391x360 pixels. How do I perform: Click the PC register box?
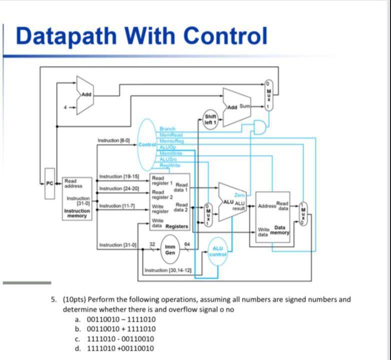click(49, 190)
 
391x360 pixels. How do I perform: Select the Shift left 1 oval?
click(210, 120)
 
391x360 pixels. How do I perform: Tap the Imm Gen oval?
click(170, 249)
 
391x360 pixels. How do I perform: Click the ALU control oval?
click(218, 251)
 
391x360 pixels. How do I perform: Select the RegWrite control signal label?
click(170, 165)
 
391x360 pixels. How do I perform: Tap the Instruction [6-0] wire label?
click(114, 141)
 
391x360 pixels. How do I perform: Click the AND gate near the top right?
click(259, 127)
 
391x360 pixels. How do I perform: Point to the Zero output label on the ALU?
click(239, 195)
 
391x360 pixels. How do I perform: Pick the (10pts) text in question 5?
click(75, 299)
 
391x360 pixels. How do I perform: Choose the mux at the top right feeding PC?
click(268, 95)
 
